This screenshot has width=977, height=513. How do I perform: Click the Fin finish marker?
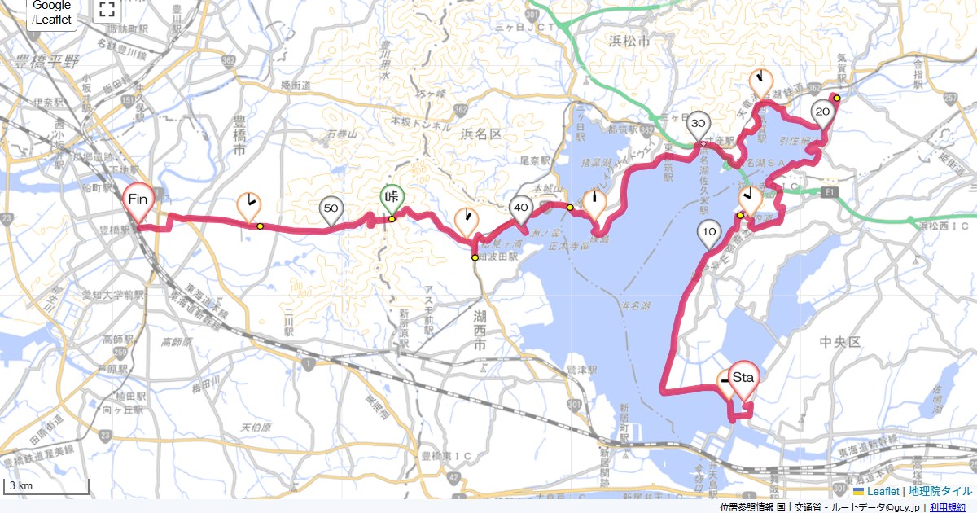(138, 199)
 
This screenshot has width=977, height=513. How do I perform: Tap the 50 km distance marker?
(331, 209)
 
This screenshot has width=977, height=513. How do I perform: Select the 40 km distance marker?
(521, 208)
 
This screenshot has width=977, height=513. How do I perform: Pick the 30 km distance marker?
(698, 124)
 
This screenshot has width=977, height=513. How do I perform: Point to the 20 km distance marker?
(822, 112)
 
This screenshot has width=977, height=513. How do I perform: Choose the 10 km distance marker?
(708, 232)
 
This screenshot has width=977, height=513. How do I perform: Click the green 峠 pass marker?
(392, 197)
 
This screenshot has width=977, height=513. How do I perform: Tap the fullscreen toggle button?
(106, 10)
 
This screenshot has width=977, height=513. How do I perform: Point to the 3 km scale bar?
(46, 486)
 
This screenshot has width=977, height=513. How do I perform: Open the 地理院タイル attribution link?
(940, 491)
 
